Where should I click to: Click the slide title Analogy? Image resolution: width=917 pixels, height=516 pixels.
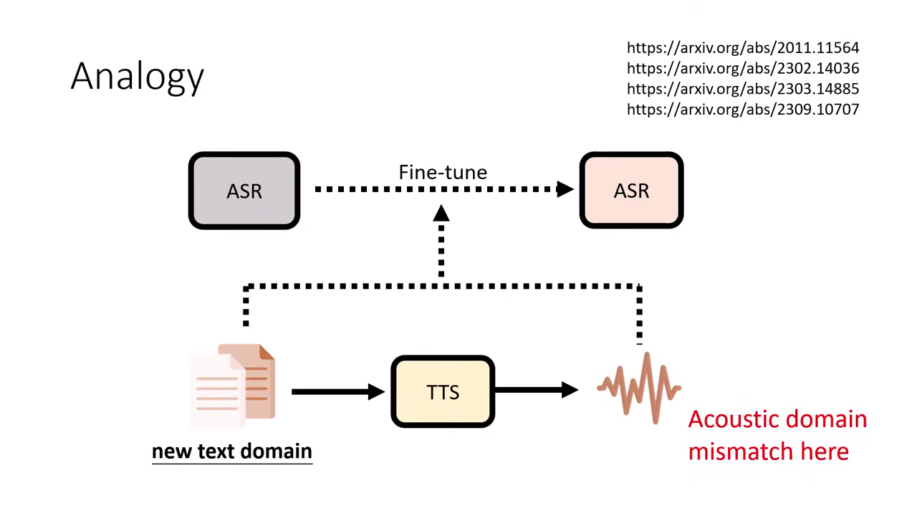137,76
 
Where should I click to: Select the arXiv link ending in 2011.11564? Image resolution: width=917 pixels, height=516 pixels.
742,48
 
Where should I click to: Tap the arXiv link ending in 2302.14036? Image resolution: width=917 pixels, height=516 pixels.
742,69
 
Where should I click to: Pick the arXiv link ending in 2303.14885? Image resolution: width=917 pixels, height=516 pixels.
742,89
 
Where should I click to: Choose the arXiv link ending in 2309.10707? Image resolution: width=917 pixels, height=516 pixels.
742,110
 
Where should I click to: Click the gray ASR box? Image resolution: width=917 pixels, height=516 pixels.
244,191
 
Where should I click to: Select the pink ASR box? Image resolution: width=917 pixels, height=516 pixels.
631,191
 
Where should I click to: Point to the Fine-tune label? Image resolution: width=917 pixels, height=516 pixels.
443,172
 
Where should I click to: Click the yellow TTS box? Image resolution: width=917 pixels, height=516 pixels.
443,392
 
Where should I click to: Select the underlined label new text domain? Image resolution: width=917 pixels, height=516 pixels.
231,451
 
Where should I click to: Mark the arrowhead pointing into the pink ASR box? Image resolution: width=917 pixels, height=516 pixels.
565,189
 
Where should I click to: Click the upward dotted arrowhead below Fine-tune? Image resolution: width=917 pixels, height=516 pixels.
441,213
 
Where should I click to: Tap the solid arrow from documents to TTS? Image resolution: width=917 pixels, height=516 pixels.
337,391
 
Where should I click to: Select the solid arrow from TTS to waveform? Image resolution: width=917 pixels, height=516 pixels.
536,390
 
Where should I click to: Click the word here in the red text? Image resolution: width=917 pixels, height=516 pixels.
826,451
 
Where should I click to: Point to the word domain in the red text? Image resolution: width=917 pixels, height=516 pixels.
824,419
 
